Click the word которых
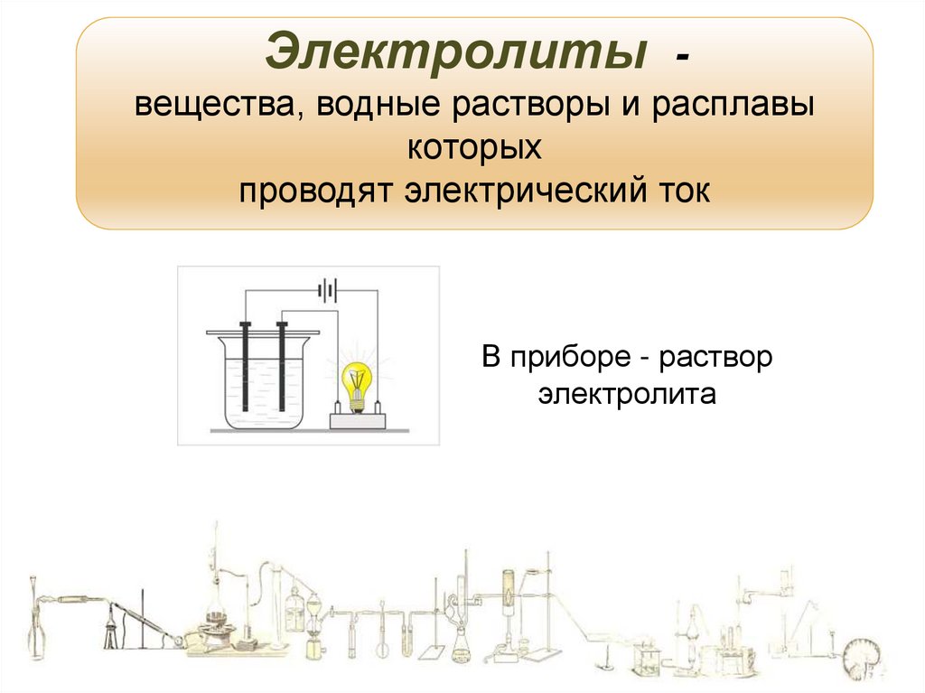pos(474,147)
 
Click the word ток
pos(687,191)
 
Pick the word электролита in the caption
pos(627,395)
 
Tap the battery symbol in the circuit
pos(327,291)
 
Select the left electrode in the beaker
pos(245,366)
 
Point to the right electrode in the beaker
pos(282,366)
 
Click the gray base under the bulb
pos(359,420)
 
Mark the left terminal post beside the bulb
pos(339,406)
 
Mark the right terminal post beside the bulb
pos(378,406)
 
